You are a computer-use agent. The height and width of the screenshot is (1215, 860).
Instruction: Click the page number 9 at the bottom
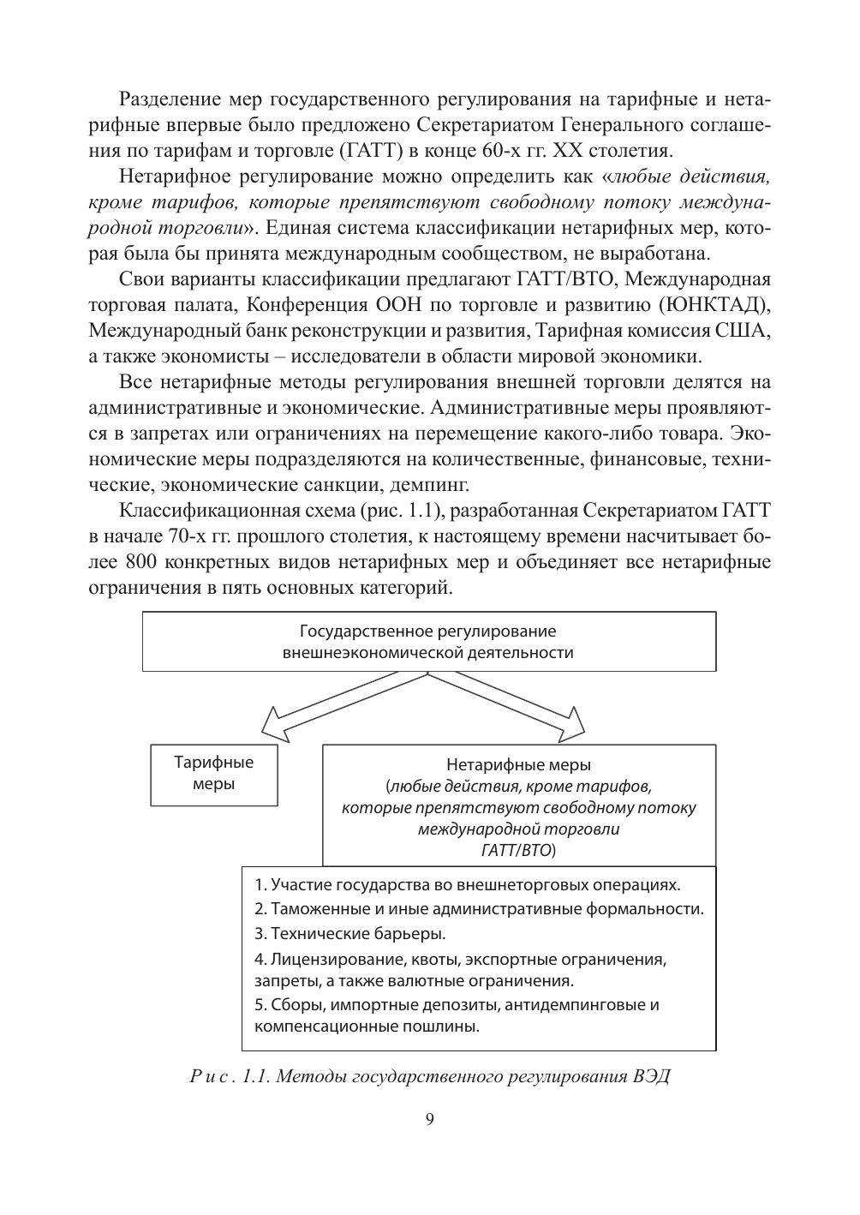point(429,1120)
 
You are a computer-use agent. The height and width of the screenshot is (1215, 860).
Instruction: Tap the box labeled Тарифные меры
point(214,774)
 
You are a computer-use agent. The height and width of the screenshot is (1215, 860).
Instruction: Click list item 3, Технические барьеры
point(350,933)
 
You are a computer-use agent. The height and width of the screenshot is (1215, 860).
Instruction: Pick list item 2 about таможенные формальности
point(479,909)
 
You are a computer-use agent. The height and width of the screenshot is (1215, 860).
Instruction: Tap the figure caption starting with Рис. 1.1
point(429,1076)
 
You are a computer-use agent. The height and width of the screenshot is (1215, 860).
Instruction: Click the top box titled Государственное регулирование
point(428,642)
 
